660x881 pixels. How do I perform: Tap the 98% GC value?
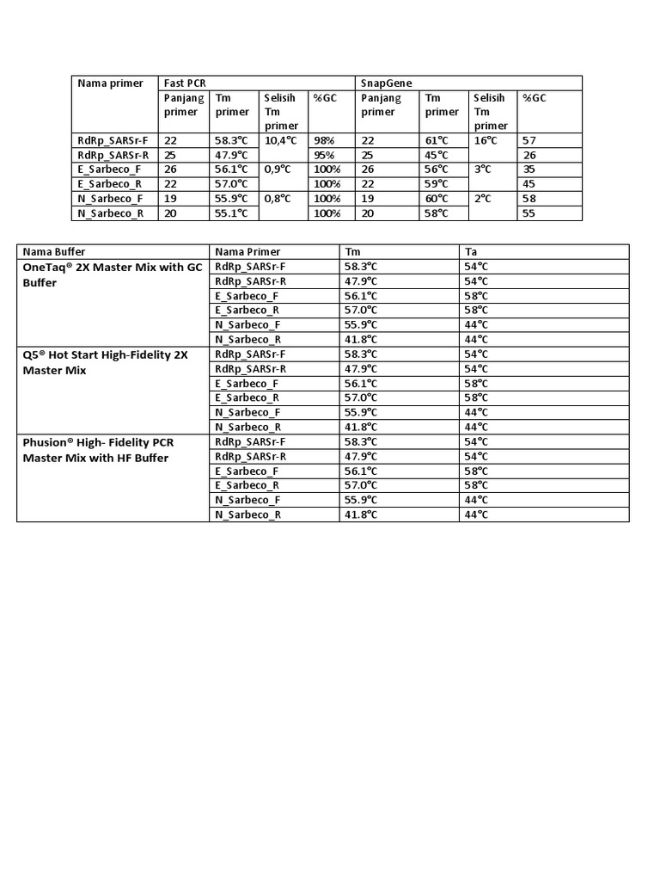pyautogui.click(x=324, y=139)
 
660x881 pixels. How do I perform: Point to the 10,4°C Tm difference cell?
pyautogui.click(x=281, y=139)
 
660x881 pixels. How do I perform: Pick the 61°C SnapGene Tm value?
pyautogui.click(x=437, y=139)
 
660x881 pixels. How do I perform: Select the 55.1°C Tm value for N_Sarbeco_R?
pyautogui.click(x=231, y=213)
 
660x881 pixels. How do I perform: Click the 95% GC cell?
pyautogui.click(x=324, y=155)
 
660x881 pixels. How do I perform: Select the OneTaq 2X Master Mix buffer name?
pyautogui.click(x=112, y=274)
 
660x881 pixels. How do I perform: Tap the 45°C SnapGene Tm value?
pyautogui.click(x=437, y=155)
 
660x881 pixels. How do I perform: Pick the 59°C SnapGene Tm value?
pyautogui.click(x=437, y=184)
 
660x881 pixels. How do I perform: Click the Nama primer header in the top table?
pyautogui.click(x=108, y=83)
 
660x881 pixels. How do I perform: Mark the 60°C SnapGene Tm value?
pyautogui.click(x=437, y=199)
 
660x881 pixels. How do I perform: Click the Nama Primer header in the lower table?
pyautogui.click(x=248, y=252)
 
